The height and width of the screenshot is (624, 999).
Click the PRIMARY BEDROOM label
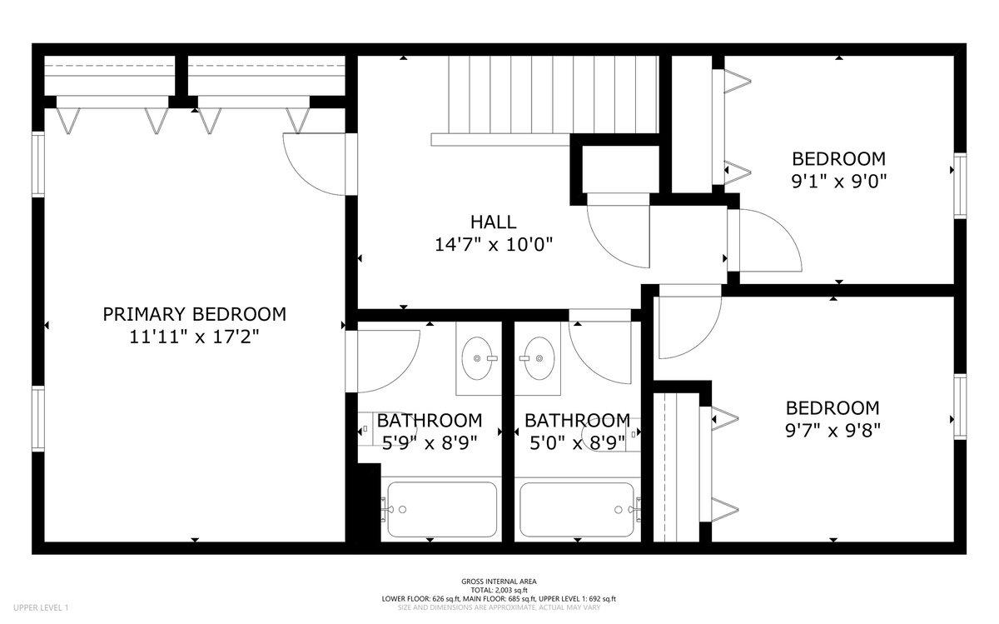click(195, 314)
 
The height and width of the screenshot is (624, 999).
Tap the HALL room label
click(493, 222)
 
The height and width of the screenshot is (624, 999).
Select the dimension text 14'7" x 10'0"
click(493, 245)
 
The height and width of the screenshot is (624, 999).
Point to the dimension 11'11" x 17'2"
click(195, 337)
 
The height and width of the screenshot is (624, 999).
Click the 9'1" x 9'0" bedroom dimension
click(838, 182)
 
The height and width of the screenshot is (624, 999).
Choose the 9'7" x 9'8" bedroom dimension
click(832, 431)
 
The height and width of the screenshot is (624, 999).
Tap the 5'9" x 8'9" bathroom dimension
click(430, 442)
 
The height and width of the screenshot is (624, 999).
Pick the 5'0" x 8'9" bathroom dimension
click(577, 442)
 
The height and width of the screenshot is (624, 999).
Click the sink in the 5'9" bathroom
click(477, 358)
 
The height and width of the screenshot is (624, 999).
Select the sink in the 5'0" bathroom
click(539, 358)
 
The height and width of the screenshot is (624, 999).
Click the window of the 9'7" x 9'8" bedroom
click(960, 407)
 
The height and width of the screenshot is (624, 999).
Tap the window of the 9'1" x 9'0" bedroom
click(960, 186)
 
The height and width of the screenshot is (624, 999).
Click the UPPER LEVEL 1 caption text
click(41, 607)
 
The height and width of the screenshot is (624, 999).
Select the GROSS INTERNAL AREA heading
click(499, 582)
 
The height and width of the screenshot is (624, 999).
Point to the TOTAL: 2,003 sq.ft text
click(499, 590)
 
